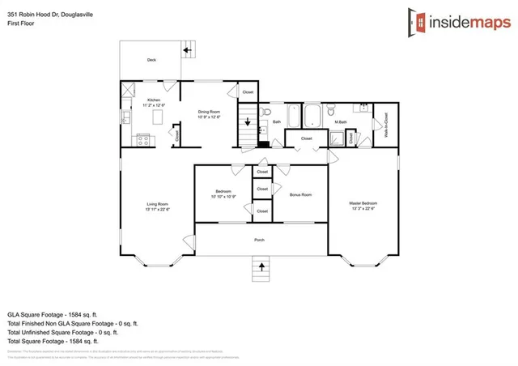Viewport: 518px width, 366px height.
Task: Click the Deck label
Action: [x=151, y=60]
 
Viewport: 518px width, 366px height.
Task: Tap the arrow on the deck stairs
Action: [x=187, y=50]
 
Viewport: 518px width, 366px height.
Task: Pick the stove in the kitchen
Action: [x=143, y=139]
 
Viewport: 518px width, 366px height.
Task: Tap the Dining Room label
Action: [x=210, y=112]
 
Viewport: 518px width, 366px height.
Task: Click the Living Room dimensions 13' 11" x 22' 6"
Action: [x=157, y=209]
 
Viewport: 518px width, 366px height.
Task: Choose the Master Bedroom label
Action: [x=363, y=202]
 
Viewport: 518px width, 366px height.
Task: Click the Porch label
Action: [x=260, y=240]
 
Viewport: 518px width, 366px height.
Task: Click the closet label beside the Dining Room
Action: [x=248, y=92]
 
